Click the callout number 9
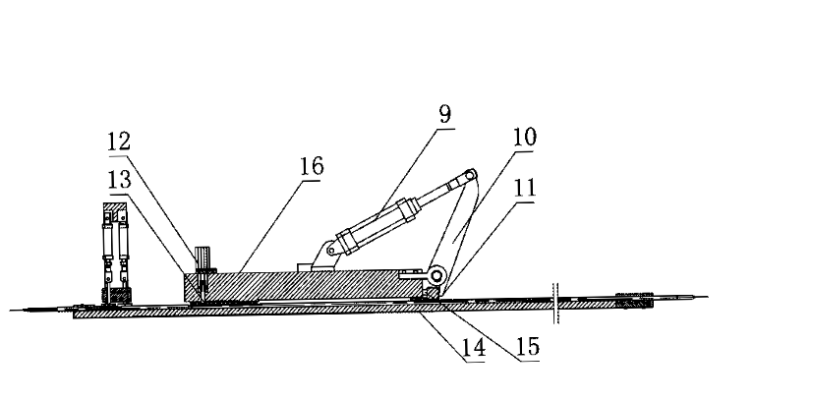(x=445, y=113)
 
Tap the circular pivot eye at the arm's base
(x=437, y=276)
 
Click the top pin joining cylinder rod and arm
(x=470, y=177)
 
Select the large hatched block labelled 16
(x=295, y=285)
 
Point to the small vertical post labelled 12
(x=204, y=260)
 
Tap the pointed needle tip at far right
(x=700, y=295)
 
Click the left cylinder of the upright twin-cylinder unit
(x=105, y=251)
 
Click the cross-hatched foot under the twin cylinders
(x=114, y=293)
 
